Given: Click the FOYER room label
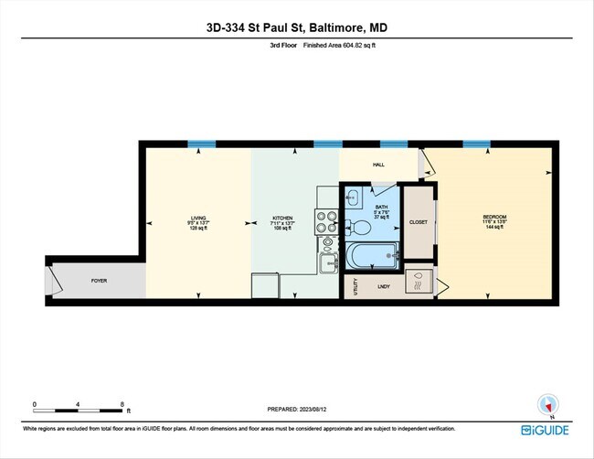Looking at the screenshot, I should click(x=99, y=280).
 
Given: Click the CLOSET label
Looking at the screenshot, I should click(x=419, y=222).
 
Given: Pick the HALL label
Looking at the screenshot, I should click(x=378, y=165).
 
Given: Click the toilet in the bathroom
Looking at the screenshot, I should click(x=361, y=228).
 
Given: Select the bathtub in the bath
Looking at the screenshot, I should click(x=372, y=256).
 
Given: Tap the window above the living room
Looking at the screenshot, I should click(x=201, y=144).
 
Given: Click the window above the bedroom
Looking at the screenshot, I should click(x=475, y=144).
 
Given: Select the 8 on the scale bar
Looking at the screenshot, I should click(x=122, y=403).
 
